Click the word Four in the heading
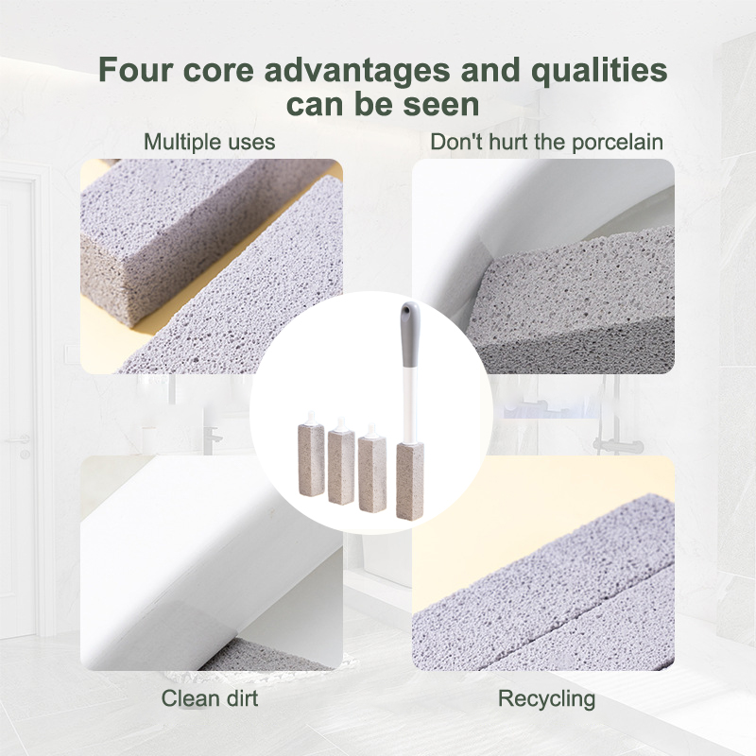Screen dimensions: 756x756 pyautogui.click(x=134, y=69)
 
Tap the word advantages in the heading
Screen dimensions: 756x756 pyautogui.click(x=357, y=70)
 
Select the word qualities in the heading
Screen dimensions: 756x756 pyautogui.click(x=599, y=70)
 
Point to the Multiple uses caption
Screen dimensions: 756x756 pyautogui.click(x=209, y=142)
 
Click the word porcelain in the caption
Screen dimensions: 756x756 pyautogui.click(x=617, y=143)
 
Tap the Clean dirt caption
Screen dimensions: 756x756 pyautogui.click(x=209, y=698)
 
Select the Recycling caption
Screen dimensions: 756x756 pyautogui.click(x=547, y=698)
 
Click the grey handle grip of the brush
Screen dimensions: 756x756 pyautogui.click(x=410, y=334)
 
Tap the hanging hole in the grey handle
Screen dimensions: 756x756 pyautogui.click(x=409, y=308)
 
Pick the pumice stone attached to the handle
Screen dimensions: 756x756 pyautogui.click(x=410, y=481)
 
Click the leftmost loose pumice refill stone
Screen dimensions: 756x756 pyautogui.click(x=311, y=459)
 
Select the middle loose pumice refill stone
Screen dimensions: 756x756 pyautogui.click(x=341, y=467)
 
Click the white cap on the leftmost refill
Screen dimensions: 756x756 pyautogui.click(x=311, y=418)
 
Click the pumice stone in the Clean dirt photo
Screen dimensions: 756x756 pyautogui.click(x=270, y=655)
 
